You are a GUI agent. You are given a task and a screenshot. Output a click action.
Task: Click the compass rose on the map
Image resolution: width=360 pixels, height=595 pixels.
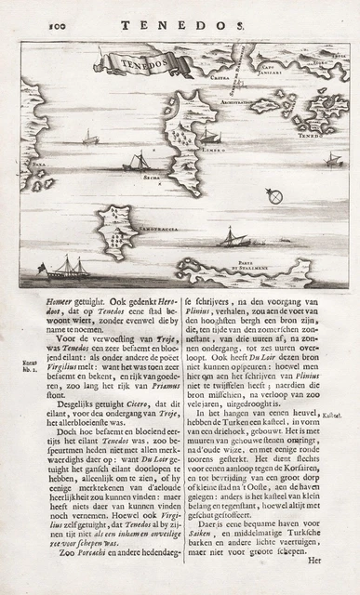click(x=273, y=196)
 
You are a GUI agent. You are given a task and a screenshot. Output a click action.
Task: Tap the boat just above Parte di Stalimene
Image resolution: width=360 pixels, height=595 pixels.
click(x=231, y=240)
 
